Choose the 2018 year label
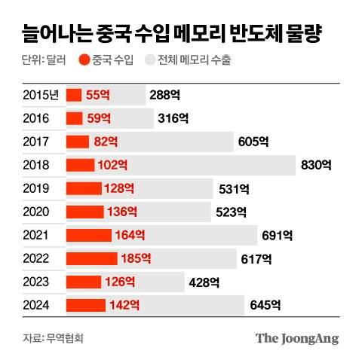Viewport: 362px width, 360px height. click(x=37, y=165)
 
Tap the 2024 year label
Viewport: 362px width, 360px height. click(x=37, y=305)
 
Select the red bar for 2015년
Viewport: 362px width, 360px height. click(x=74, y=95)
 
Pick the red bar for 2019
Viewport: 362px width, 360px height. click(x=84, y=188)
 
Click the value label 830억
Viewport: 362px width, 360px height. click(x=315, y=165)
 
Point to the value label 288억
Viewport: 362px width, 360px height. click(x=166, y=95)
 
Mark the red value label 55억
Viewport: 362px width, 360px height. click(x=98, y=95)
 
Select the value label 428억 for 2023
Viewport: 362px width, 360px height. click(x=204, y=282)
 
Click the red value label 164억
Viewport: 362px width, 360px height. click(x=130, y=235)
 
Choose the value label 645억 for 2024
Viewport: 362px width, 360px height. click(x=265, y=305)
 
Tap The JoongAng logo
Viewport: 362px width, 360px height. click(x=296, y=338)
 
